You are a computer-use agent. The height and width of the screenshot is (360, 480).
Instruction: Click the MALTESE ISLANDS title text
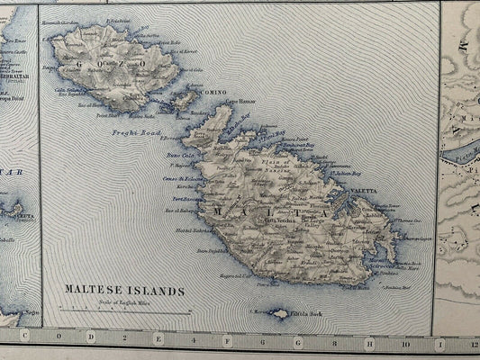pos(124,291)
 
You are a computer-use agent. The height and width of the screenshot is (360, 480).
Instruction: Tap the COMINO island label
pos(214,92)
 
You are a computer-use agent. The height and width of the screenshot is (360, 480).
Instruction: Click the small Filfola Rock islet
pos(280,314)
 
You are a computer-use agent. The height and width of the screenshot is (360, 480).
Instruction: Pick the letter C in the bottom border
pos(24,337)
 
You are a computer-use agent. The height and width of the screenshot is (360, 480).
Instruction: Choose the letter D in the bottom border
pos(91,337)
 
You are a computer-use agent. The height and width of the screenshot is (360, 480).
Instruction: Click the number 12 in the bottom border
pos(474,342)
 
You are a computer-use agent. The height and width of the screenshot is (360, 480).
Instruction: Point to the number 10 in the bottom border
pos(405,341)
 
